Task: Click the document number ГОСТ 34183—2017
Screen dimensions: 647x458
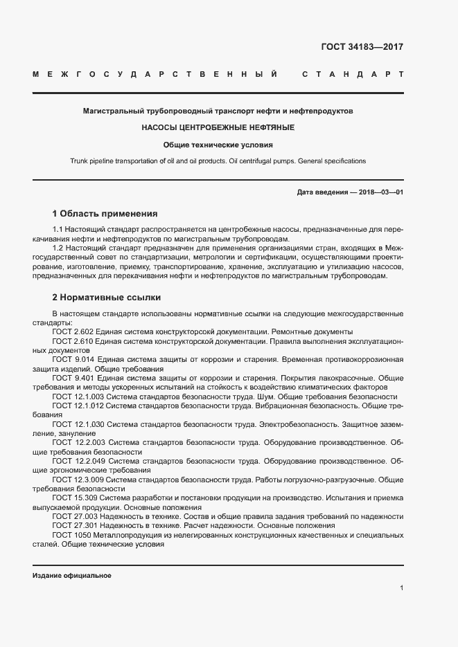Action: coord(362,48)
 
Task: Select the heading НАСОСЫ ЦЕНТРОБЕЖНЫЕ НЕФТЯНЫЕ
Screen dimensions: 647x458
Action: coord(218,128)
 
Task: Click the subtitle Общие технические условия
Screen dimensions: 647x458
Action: coord(218,145)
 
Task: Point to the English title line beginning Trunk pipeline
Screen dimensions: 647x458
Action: coord(218,161)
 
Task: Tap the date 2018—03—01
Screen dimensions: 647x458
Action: coord(381,192)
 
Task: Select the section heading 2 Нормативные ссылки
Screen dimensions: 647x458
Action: coord(106,298)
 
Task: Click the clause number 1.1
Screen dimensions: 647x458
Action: coord(59,229)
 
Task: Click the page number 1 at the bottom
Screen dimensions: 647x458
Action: coord(401,588)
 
